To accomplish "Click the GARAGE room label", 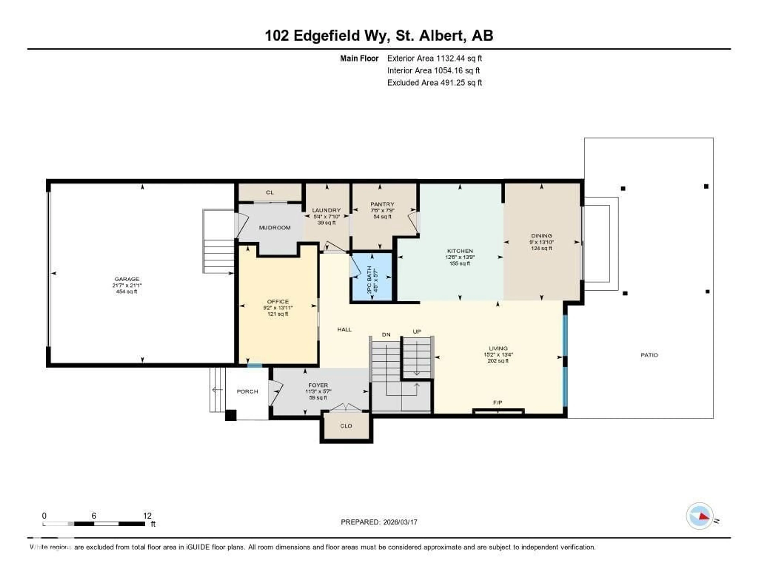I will (x=127, y=279).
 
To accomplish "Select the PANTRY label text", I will (x=382, y=204).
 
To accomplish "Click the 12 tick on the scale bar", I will (x=147, y=516).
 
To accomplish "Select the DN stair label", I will (x=386, y=335).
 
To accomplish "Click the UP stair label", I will (x=417, y=332).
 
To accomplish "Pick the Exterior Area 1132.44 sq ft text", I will (x=434, y=58).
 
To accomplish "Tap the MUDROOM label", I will (x=275, y=227).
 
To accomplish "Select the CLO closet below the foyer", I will (x=346, y=426).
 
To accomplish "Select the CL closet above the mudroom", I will (x=270, y=193).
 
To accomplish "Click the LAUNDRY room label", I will (x=326, y=210).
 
